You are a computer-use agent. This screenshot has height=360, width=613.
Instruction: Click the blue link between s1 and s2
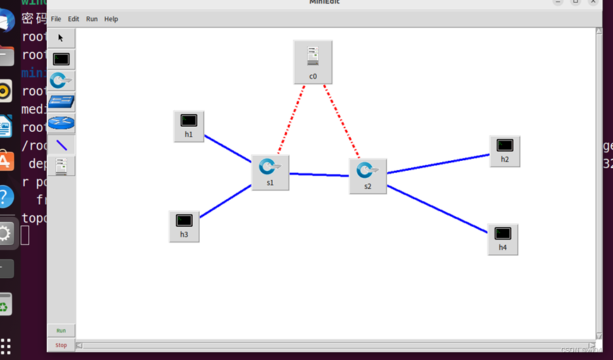[319, 174]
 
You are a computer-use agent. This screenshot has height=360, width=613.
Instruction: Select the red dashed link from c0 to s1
[291, 120]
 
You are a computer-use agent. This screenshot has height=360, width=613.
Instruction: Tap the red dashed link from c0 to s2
[342, 122]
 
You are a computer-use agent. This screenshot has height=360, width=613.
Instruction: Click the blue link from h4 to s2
[437, 208]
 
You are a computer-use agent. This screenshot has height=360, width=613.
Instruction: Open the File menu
[56, 19]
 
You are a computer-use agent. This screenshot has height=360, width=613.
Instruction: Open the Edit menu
[74, 19]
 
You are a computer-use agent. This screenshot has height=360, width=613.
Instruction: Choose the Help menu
[111, 19]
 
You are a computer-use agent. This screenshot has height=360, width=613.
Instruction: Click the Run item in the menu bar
[92, 19]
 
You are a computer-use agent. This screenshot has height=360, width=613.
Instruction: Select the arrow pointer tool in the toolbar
[61, 38]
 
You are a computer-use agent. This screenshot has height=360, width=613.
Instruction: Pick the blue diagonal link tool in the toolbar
[62, 145]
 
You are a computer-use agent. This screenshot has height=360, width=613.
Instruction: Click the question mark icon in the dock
[6, 196]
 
